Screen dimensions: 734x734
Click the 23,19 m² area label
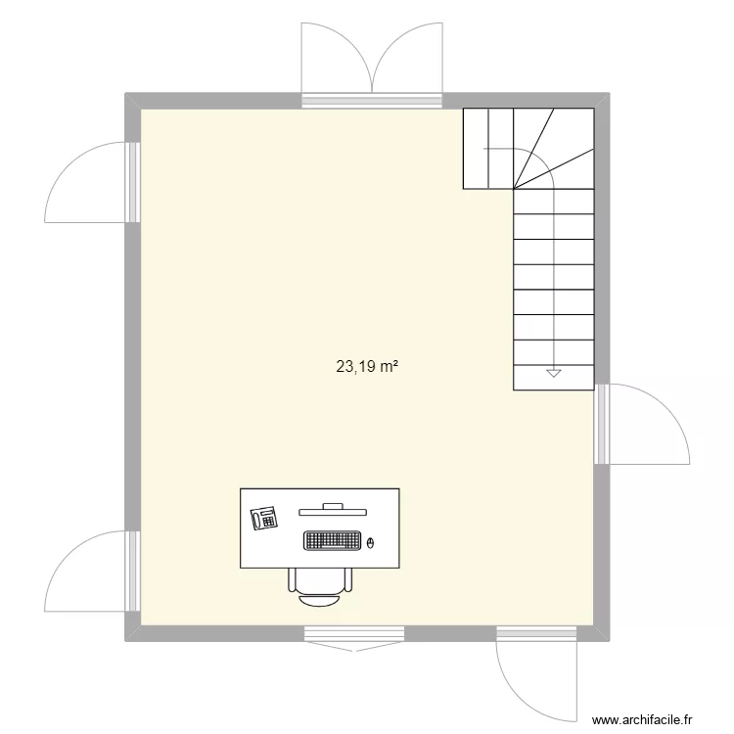[367, 368]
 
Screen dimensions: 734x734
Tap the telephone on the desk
[264, 518]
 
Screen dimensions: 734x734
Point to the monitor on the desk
[333, 508]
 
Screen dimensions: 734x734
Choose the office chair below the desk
[320, 580]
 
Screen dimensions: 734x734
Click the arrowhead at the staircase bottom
[553, 373]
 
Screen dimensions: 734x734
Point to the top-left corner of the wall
[133, 100]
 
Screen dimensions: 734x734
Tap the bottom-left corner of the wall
[133, 634]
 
